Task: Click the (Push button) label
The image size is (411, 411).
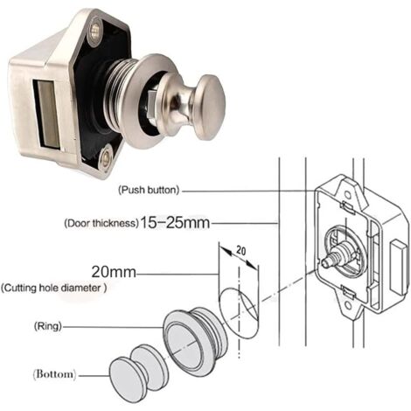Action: pos(149,190)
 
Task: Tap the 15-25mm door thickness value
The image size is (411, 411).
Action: pos(175,223)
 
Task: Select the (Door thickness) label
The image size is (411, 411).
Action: pos(101,224)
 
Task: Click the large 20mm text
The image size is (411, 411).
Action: pos(114,272)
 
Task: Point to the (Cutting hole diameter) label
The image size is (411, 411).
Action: pos(54,289)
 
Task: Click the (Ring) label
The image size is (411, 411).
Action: pos(48,326)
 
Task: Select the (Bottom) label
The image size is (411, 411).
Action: pos(54,374)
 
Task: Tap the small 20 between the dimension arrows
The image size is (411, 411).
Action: pos(240,251)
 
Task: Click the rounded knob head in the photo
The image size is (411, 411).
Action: pos(210,108)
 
